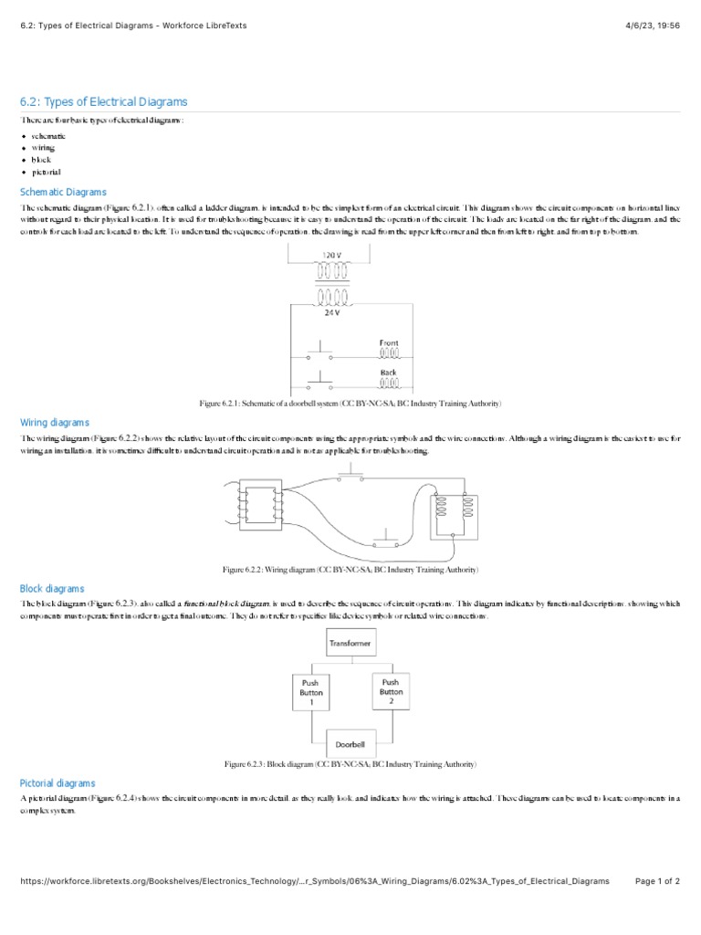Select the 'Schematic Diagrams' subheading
(63, 192)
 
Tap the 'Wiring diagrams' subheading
(55, 423)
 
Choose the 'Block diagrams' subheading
(52, 589)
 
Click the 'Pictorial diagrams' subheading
(58, 783)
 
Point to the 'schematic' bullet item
(48, 135)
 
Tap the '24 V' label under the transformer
(332, 311)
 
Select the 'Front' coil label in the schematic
(389, 343)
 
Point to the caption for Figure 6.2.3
(350, 763)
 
